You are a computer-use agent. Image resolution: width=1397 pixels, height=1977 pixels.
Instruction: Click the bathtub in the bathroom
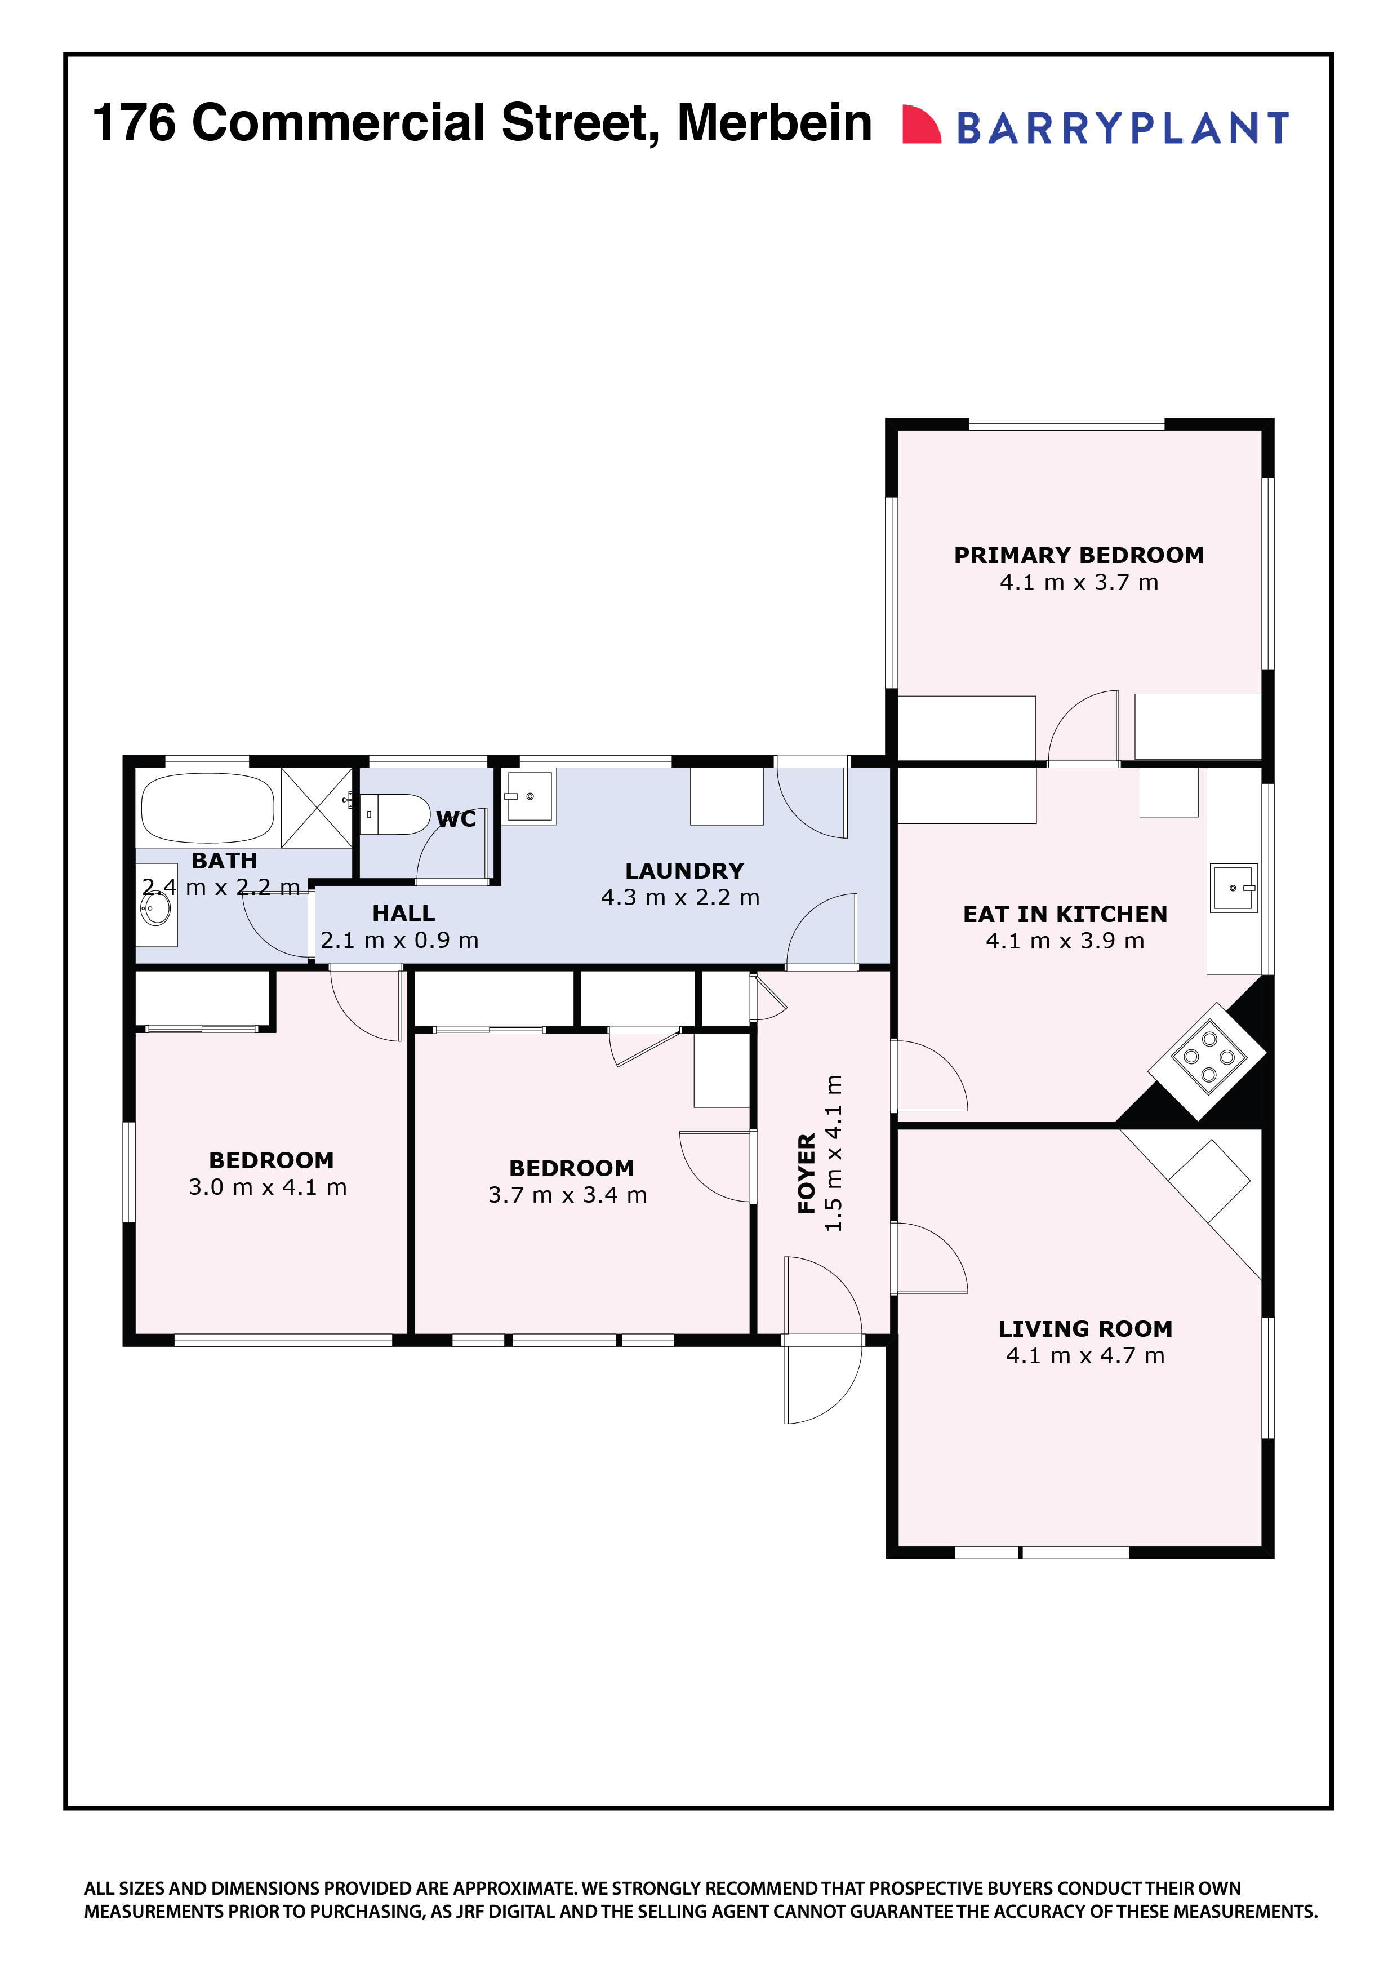tap(207, 809)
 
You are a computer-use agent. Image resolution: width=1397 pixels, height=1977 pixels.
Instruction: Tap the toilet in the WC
tap(394, 814)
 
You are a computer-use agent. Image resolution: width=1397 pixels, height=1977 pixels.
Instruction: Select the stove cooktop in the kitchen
tap(1208, 1061)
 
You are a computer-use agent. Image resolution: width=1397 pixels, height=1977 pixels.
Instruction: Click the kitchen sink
tap(1234, 887)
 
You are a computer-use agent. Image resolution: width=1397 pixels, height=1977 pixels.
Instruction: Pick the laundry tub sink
tap(528, 796)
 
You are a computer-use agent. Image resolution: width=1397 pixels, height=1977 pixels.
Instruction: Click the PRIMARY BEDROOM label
tap(1079, 555)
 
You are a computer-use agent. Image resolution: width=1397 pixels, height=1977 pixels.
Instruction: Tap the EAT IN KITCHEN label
tap(1065, 915)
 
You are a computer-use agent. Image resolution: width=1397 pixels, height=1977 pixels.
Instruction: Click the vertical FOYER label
tap(807, 1173)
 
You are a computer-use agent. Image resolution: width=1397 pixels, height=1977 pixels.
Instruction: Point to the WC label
tap(456, 819)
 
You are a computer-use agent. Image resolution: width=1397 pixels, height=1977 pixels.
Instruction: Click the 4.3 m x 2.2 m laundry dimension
tap(680, 897)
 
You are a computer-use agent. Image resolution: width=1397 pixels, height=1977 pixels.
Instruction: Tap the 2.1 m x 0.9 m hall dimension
tap(399, 939)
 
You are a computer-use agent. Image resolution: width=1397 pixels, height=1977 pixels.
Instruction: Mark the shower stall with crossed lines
tap(316, 807)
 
